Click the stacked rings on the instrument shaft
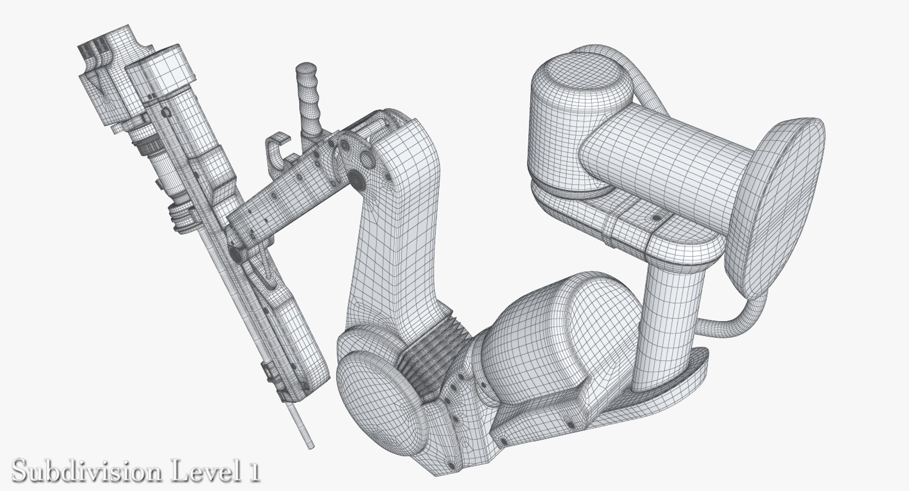(182, 215)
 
